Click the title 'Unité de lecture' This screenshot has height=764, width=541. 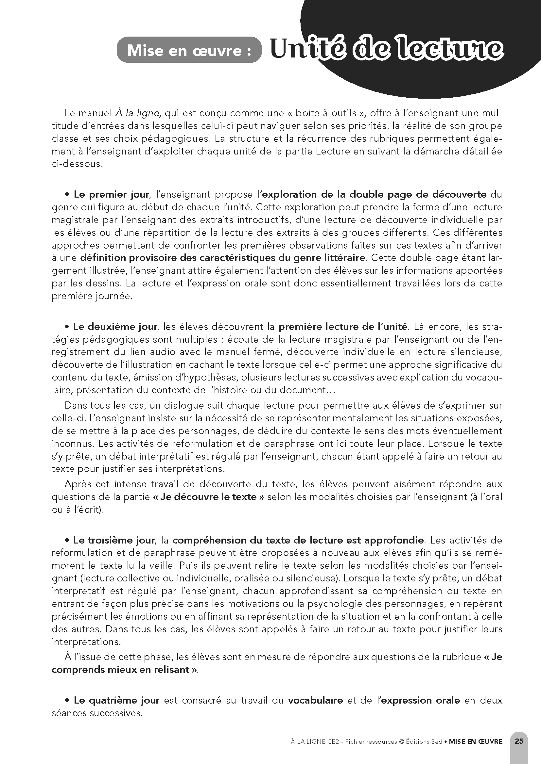point(386,50)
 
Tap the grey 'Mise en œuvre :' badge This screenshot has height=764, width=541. point(189,50)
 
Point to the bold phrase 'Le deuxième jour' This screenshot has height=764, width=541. point(115,326)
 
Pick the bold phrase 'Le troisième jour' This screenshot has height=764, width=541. point(114,540)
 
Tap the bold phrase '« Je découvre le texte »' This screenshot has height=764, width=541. point(209,497)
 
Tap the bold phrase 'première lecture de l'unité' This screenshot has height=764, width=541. point(343,326)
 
